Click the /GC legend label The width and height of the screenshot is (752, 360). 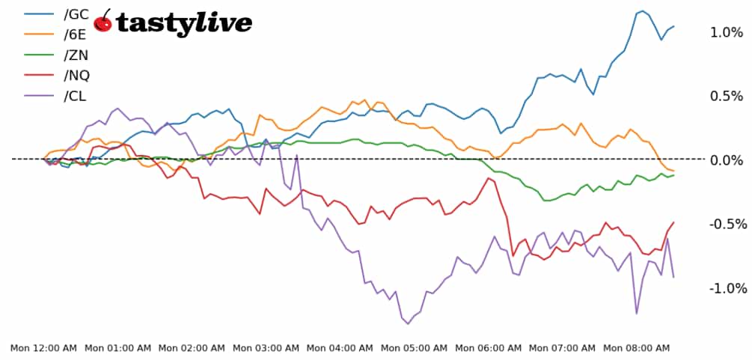(76, 13)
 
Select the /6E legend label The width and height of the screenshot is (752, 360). (76, 34)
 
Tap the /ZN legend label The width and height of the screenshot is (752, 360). (76, 55)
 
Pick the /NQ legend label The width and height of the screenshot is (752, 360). (77, 75)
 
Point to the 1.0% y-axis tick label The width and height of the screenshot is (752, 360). (727, 32)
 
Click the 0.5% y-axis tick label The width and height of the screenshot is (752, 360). (727, 97)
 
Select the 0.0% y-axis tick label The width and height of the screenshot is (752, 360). (727, 160)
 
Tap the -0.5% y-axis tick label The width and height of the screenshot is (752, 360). (724, 225)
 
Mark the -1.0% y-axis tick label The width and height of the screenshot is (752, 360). (724, 289)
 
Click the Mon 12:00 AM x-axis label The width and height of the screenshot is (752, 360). (43, 348)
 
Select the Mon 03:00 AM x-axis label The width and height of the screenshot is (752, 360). (266, 348)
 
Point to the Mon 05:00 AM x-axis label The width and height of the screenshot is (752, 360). (414, 348)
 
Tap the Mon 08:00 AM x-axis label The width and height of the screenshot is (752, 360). (636, 348)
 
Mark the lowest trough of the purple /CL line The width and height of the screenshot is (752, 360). (408, 323)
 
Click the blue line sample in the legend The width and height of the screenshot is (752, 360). (39, 13)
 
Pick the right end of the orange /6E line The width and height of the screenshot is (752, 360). (673, 171)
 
